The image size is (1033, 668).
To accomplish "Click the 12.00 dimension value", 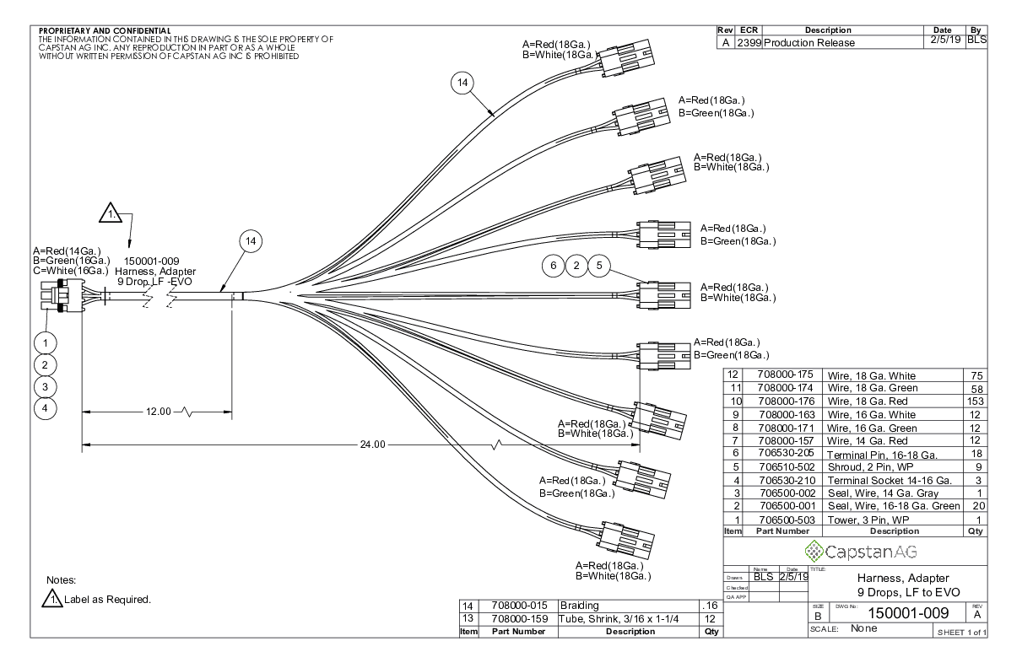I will click(x=157, y=412).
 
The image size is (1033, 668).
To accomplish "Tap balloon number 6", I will click(x=554, y=266).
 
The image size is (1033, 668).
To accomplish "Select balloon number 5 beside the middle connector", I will click(x=599, y=266).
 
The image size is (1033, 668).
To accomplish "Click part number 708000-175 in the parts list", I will click(x=785, y=375).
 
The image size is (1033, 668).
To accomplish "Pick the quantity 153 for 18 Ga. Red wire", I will click(x=976, y=401).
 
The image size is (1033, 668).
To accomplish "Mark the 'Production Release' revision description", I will click(x=809, y=43).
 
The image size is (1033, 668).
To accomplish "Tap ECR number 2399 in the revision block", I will click(x=748, y=43).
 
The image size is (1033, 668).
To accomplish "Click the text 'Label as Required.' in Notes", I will click(x=107, y=601).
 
